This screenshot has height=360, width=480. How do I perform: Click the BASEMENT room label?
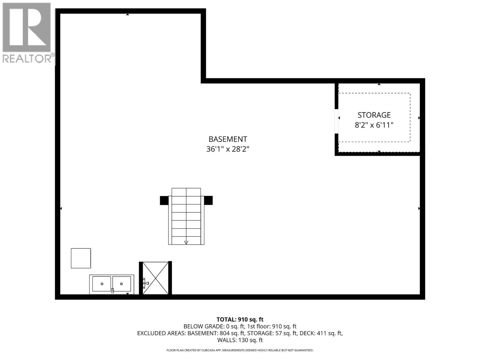228,139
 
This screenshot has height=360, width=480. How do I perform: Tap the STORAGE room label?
374,115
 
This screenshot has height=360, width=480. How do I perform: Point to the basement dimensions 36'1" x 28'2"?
228,149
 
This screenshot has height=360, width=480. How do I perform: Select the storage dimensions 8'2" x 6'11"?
374,125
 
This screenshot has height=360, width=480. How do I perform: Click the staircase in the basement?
186,216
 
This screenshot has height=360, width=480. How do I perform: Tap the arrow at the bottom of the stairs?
186,242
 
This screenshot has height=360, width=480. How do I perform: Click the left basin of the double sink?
102,284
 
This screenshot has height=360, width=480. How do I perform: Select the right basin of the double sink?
121,284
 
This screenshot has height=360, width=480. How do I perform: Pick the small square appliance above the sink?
81,258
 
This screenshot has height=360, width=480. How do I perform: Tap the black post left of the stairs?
164,200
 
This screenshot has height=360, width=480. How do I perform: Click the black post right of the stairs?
208,200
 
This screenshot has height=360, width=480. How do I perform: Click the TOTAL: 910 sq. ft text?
240,319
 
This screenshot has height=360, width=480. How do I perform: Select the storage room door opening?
337,121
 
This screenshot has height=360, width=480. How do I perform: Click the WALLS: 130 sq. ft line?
240,340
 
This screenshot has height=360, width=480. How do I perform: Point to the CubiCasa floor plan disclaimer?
240,350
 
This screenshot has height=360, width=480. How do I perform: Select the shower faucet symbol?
145,283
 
